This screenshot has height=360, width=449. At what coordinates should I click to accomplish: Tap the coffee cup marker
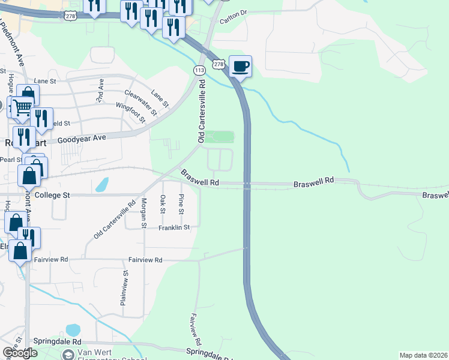click(x=240, y=66)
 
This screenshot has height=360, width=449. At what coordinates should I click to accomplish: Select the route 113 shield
click(x=199, y=70)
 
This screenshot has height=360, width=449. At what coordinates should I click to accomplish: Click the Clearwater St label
click(x=140, y=102)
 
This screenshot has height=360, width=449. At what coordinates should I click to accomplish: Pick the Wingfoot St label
click(x=131, y=112)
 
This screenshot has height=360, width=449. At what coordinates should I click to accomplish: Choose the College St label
click(x=53, y=195)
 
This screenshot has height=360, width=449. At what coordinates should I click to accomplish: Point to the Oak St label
click(x=162, y=204)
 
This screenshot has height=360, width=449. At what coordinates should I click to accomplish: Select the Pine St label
click(x=181, y=204)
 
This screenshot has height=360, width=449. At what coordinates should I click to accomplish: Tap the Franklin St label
click(x=174, y=227)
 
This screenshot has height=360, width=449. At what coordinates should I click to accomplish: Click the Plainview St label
click(x=125, y=288)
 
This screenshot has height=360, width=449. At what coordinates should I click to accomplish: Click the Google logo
click(x=19, y=353)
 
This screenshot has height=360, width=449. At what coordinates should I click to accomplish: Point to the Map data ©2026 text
click(x=423, y=355)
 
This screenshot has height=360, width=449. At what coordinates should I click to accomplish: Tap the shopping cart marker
click(x=22, y=108)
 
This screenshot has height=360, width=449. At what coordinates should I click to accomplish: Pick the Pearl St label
click(x=10, y=160)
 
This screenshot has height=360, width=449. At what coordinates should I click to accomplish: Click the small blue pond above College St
click(x=103, y=184)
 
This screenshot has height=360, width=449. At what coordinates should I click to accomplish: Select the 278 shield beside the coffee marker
click(x=218, y=64)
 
